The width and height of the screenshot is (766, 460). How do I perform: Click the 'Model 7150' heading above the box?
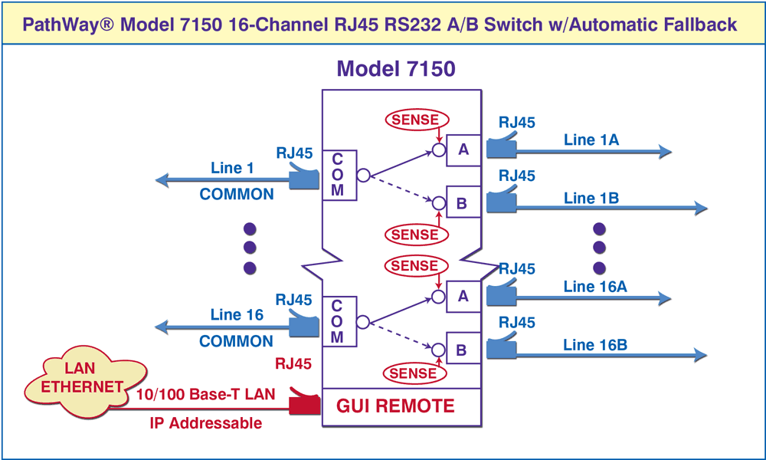(x=396, y=69)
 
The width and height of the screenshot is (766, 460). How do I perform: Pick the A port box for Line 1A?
(x=463, y=149)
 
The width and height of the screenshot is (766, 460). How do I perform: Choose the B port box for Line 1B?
(x=463, y=203)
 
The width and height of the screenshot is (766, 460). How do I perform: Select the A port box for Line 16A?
(x=463, y=296)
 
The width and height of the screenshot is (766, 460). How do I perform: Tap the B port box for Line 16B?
(x=463, y=350)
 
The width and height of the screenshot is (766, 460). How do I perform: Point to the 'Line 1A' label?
(x=591, y=140)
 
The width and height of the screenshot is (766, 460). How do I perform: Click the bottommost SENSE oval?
(x=414, y=373)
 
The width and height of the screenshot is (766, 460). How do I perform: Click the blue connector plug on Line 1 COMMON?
(x=303, y=179)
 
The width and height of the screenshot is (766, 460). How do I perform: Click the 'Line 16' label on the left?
(x=237, y=314)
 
